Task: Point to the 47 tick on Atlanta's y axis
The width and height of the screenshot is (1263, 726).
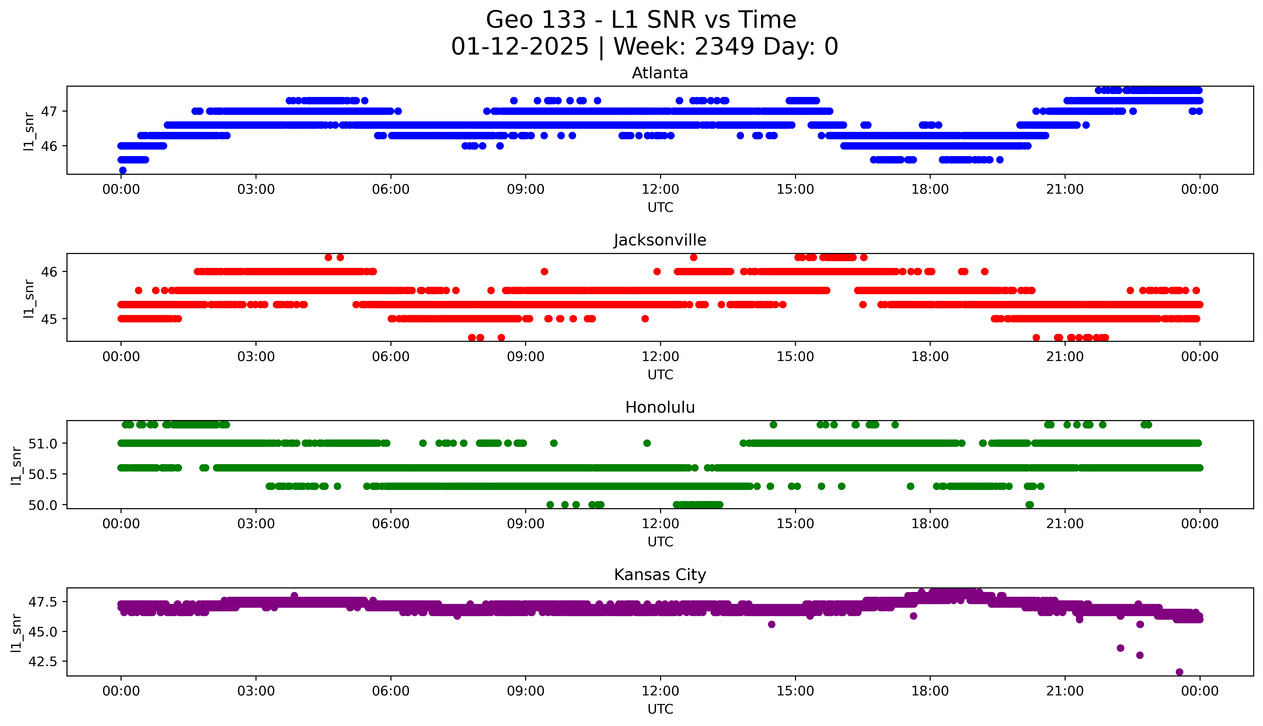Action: coord(49,111)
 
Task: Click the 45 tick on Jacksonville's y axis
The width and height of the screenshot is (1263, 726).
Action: coord(49,319)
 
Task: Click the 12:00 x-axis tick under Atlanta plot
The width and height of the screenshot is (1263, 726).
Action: coord(660,190)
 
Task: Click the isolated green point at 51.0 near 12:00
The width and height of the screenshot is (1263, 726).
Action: coord(647,443)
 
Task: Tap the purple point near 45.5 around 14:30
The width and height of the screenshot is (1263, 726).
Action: coord(771,624)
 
